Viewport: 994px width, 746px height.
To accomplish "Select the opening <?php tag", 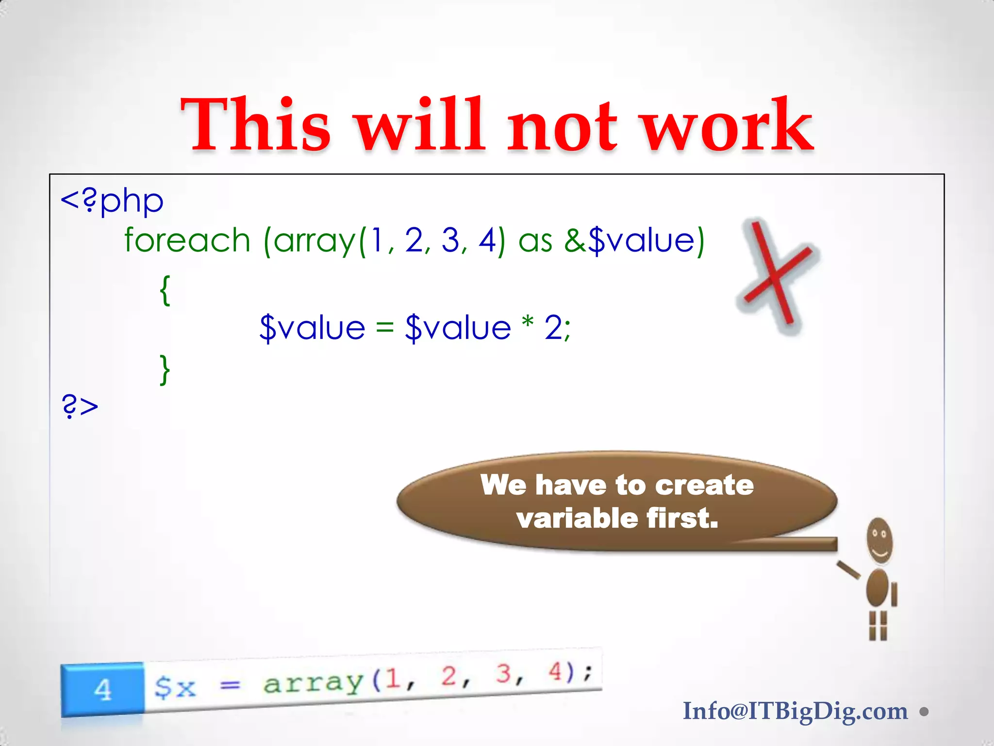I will pyautogui.click(x=112, y=201).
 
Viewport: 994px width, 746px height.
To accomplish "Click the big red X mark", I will pyautogui.click(x=777, y=274).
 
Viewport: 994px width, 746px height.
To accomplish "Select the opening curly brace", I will pyautogui.click(x=165, y=290).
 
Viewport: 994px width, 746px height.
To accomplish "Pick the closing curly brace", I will pyautogui.click(x=165, y=370).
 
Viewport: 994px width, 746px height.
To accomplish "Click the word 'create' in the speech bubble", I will pyautogui.click(x=705, y=485).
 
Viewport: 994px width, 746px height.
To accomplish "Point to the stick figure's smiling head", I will pyautogui.click(x=879, y=541).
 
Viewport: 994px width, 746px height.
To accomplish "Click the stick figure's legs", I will pyautogui.click(x=878, y=626).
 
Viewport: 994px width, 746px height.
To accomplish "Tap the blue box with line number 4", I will pyautogui.click(x=102, y=689).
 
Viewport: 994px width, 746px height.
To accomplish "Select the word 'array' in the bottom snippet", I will pyautogui.click(x=313, y=682).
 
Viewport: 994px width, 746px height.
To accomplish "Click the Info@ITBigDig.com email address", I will pyautogui.click(x=795, y=711).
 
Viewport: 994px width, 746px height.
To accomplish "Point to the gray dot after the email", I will pyautogui.click(x=924, y=712).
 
